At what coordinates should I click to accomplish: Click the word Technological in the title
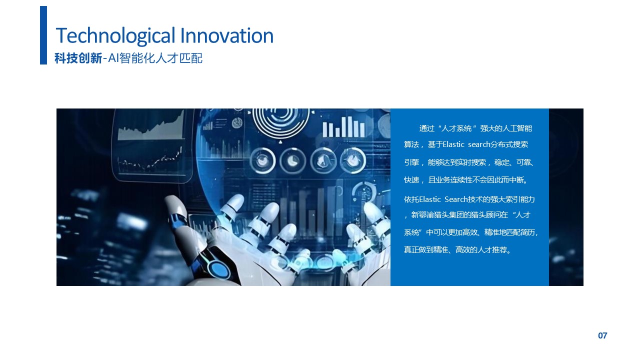pyautogui.click(x=115, y=35)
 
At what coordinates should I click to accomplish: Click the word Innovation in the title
pyautogui.click(x=227, y=35)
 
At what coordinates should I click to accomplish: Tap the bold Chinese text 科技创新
pyautogui.click(x=78, y=58)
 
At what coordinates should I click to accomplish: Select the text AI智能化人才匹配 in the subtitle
pyautogui.click(x=155, y=58)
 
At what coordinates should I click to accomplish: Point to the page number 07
pyautogui.click(x=602, y=335)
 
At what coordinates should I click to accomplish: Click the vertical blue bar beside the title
pyautogui.click(x=43, y=35)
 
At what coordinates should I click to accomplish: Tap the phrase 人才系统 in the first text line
pyautogui.click(x=456, y=128)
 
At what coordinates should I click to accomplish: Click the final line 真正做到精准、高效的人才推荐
pyautogui.click(x=457, y=250)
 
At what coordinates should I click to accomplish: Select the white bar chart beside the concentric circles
pyautogui.click(x=343, y=126)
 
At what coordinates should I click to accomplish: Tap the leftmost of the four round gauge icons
pyautogui.click(x=262, y=161)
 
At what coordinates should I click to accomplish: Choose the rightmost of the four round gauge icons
pyautogui.click(x=353, y=160)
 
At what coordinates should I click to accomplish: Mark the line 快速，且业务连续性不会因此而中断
pyautogui.click(x=466, y=180)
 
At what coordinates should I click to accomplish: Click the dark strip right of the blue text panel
pyautogui.click(x=566, y=197)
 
